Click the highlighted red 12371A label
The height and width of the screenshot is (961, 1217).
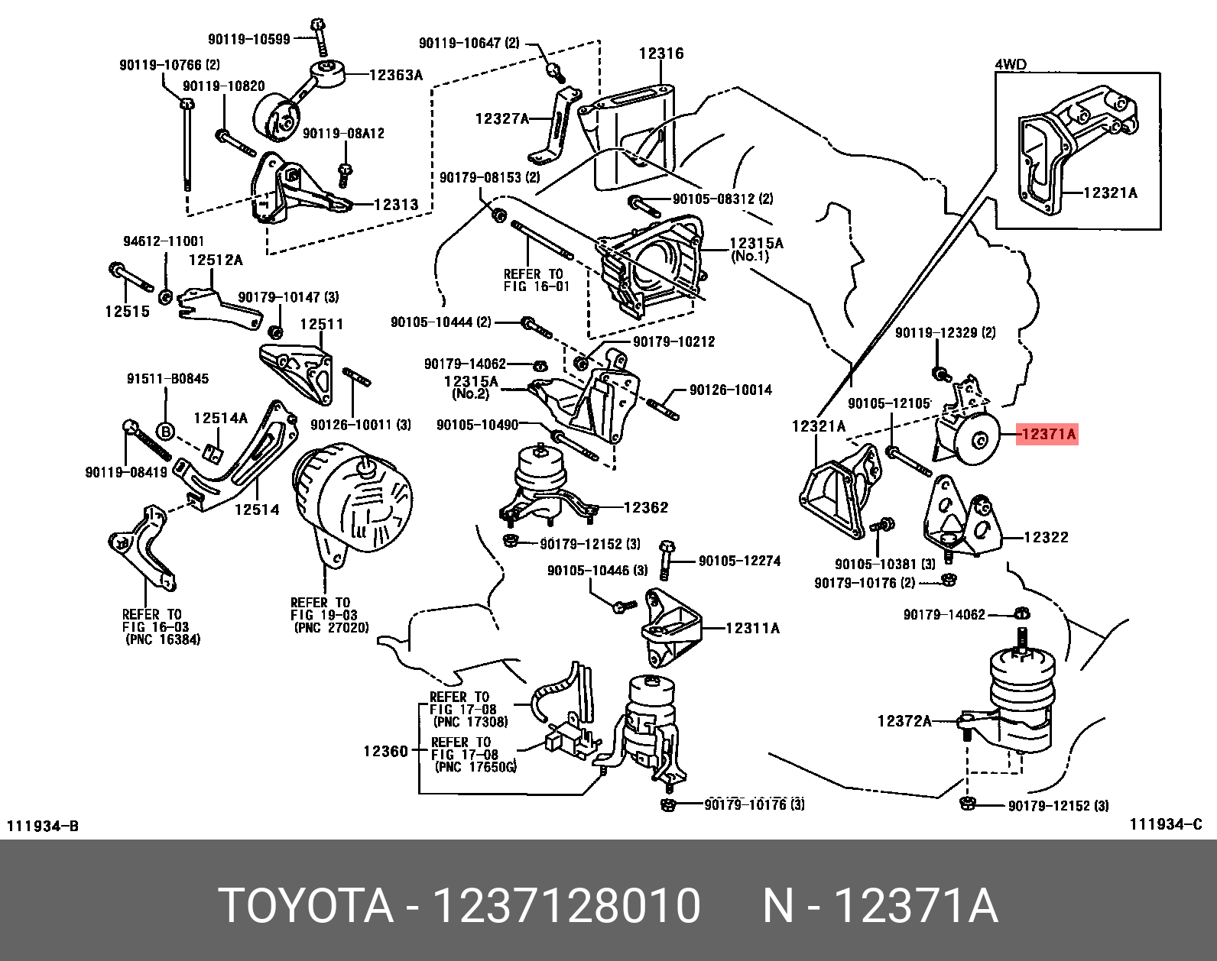pos(1047,434)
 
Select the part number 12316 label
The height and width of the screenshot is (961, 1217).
pos(661,53)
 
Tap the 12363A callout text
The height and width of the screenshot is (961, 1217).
pos(396,75)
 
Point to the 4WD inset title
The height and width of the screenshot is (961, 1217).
pos(1011,65)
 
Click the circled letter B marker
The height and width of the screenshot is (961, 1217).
pos(166,432)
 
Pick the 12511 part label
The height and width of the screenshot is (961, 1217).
pos(322,324)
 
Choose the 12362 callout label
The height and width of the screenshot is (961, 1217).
pos(646,507)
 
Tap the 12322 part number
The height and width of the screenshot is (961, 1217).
pos(1047,537)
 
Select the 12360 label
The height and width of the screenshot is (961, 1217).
pos(386,751)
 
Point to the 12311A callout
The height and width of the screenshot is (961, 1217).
pos(753,628)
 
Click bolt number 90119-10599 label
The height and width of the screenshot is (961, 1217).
pos(249,39)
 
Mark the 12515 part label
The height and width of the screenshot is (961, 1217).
pos(127,311)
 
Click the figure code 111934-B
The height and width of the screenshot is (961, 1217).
pos(42,826)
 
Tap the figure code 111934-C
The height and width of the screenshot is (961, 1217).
pos(1166,825)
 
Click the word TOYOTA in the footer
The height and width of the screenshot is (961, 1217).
pos(306,906)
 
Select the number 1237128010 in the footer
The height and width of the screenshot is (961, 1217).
pos(567,906)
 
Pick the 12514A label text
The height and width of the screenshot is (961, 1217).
pos(221,418)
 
